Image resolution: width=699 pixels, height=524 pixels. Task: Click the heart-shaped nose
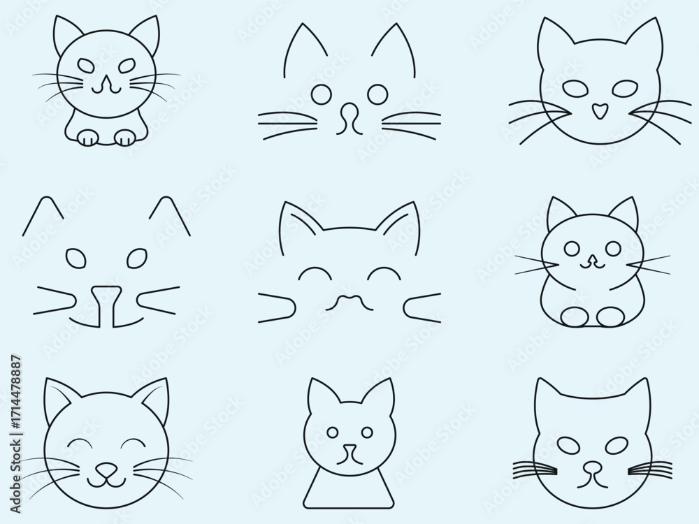[x=598, y=110]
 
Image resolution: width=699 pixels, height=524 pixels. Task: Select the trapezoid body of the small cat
[x=347, y=486]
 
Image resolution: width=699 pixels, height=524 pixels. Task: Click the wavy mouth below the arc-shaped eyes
[x=347, y=301]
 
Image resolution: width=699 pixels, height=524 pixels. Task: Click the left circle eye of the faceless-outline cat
[x=320, y=92]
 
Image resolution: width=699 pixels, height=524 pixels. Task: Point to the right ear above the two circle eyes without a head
[x=395, y=49]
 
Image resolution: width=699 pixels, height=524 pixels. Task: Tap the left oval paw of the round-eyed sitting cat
[x=575, y=315]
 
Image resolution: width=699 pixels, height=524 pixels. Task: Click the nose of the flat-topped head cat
[x=592, y=466]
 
